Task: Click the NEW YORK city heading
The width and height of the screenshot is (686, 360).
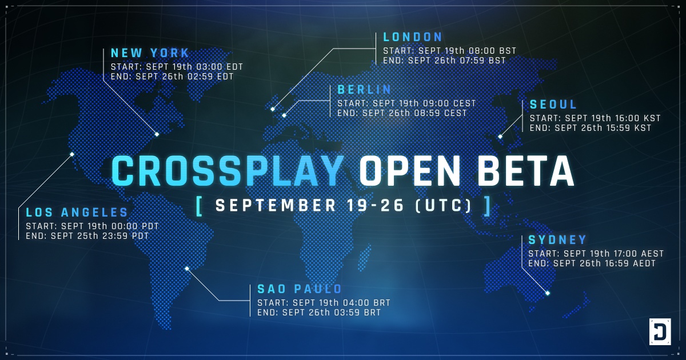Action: [150, 53]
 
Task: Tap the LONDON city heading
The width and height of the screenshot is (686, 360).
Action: [413, 37]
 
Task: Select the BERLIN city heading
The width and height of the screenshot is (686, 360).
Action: [364, 90]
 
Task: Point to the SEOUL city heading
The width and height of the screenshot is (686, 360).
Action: [553, 105]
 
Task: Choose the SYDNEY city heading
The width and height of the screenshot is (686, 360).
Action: [557, 239]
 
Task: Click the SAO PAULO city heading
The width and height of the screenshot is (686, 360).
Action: [300, 289]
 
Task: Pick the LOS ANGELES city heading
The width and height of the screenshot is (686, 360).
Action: [77, 212]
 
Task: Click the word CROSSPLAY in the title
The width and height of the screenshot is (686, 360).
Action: [228, 171]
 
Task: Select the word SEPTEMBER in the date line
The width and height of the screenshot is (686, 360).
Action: [276, 205]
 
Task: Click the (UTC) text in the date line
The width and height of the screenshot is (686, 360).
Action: [443, 205]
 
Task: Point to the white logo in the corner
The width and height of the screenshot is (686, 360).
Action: [660, 331]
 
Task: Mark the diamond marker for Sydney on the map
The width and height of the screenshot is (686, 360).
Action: [548, 293]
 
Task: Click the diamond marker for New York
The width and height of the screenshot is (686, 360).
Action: [157, 134]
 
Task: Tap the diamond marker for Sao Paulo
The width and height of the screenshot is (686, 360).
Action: [187, 269]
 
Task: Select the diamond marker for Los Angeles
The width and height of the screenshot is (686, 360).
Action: [72, 154]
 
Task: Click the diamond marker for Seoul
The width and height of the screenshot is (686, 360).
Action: [500, 137]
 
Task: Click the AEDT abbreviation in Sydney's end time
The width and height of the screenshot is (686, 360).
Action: [644, 263]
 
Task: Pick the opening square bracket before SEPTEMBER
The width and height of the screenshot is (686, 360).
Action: [199, 206]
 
